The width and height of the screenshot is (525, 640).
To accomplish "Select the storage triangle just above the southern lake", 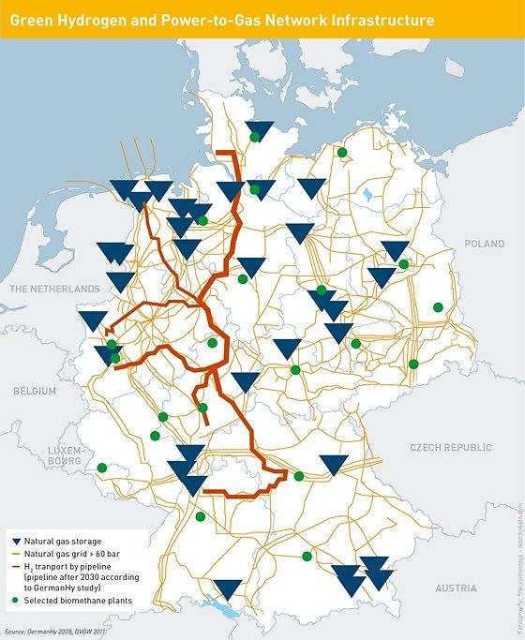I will [227, 589].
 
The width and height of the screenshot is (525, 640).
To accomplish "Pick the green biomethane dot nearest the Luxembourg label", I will [102, 468].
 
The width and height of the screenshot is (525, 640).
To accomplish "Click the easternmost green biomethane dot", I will [438, 306].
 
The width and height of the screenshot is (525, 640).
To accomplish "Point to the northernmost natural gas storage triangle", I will [259, 130].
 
